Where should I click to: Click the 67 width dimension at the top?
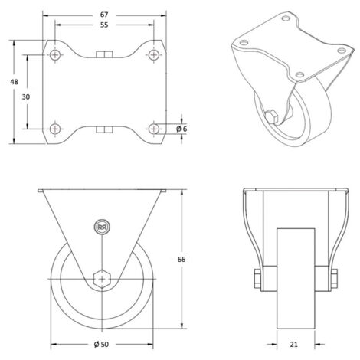[x=104, y=15]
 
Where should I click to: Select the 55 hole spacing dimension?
[x=104, y=25]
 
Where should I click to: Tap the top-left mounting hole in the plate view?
[x=55, y=55]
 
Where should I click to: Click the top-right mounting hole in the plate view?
[x=154, y=55]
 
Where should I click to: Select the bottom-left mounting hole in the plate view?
[x=55, y=127]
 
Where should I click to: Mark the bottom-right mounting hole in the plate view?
[x=154, y=127]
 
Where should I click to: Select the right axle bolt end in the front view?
[x=335, y=280]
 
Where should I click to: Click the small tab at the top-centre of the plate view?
[x=104, y=54]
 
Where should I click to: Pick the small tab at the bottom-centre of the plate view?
[x=104, y=129]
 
